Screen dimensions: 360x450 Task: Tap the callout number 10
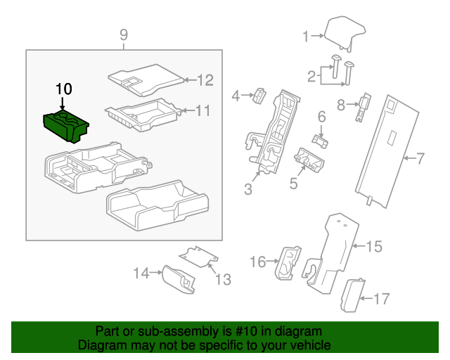click(63, 89)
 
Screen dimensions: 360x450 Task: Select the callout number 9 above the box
click(123, 34)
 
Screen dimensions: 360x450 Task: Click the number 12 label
click(205, 80)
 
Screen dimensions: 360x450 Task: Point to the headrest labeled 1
click(345, 32)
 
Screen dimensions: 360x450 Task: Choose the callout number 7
click(420, 159)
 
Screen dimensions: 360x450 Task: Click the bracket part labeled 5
click(309, 160)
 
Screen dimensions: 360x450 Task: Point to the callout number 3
click(248, 188)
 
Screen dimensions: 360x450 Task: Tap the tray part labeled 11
click(141, 115)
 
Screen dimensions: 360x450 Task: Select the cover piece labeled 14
click(179, 279)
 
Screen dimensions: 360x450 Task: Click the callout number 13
click(222, 280)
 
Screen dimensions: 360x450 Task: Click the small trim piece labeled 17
click(351, 294)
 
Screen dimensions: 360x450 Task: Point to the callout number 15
click(373, 246)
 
